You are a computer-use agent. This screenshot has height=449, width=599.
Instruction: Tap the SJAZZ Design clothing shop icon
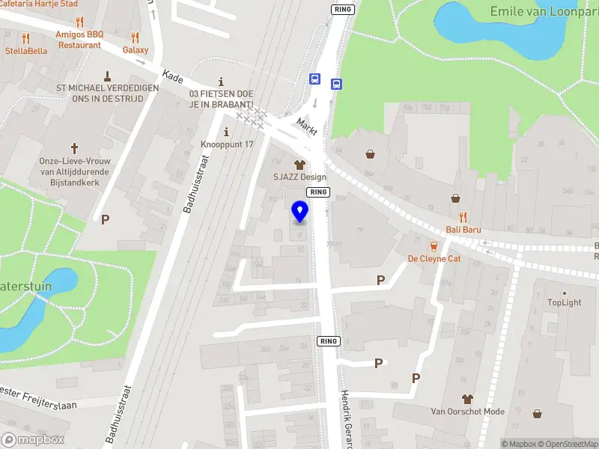point(299,164)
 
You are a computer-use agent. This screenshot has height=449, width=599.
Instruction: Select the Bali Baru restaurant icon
point(463,217)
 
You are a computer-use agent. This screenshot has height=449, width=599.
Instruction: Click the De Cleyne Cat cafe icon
point(434,246)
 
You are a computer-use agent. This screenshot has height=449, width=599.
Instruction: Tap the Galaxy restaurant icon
point(136,37)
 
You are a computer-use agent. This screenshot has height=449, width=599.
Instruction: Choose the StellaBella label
point(26,51)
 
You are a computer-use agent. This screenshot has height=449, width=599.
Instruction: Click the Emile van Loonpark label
point(544,11)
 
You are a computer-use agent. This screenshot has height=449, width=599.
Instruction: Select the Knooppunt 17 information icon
point(227,132)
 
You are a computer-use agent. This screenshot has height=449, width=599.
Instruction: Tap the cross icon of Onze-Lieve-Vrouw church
point(74,148)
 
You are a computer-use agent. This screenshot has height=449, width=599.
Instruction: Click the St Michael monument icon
point(108,76)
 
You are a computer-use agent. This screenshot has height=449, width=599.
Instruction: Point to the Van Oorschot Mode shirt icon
point(468,399)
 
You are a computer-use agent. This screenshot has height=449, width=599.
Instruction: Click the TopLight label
point(565,302)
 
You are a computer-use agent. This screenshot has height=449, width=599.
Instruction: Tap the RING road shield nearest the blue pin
point(318,192)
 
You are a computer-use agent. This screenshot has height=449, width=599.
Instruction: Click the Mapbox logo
point(33,440)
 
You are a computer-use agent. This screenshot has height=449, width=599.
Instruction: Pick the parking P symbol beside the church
point(106,219)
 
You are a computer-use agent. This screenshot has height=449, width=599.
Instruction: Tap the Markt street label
point(308,126)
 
